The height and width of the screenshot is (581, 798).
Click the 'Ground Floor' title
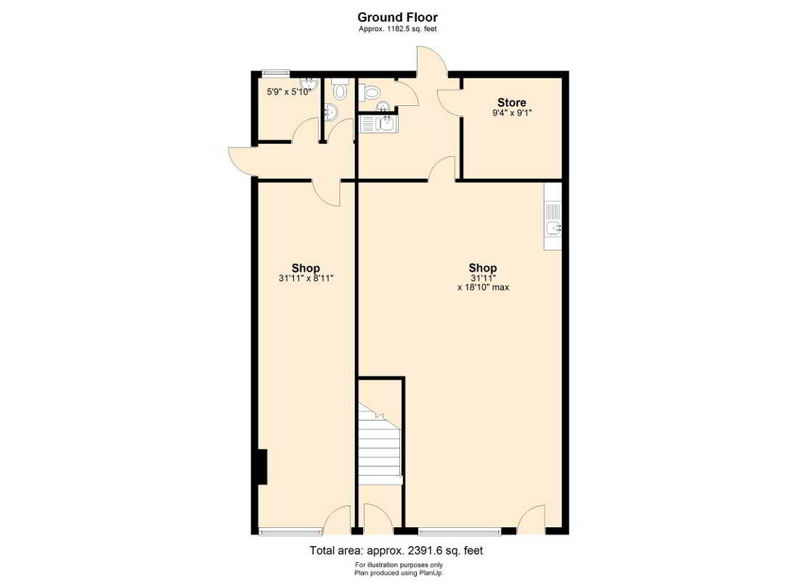[x=397, y=17]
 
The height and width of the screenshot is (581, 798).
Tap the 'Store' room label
[x=511, y=102]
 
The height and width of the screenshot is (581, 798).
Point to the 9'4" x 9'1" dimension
[x=511, y=113]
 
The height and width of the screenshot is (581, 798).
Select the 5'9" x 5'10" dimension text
[x=289, y=92]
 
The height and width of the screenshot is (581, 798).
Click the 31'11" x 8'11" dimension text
[x=306, y=279]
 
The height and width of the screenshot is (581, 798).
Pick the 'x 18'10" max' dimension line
[x=483, y=287]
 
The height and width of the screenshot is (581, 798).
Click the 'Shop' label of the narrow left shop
[x=306, y=268]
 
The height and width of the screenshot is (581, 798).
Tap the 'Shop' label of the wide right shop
[x=482, y=268]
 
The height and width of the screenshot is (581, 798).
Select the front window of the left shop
[x=290, y=532]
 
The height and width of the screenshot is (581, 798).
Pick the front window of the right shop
[x=460, y=532]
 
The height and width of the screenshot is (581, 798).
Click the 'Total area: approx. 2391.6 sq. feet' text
[x=396, y=550]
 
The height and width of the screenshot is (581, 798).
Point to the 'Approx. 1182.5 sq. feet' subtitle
[x=397, y=29]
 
